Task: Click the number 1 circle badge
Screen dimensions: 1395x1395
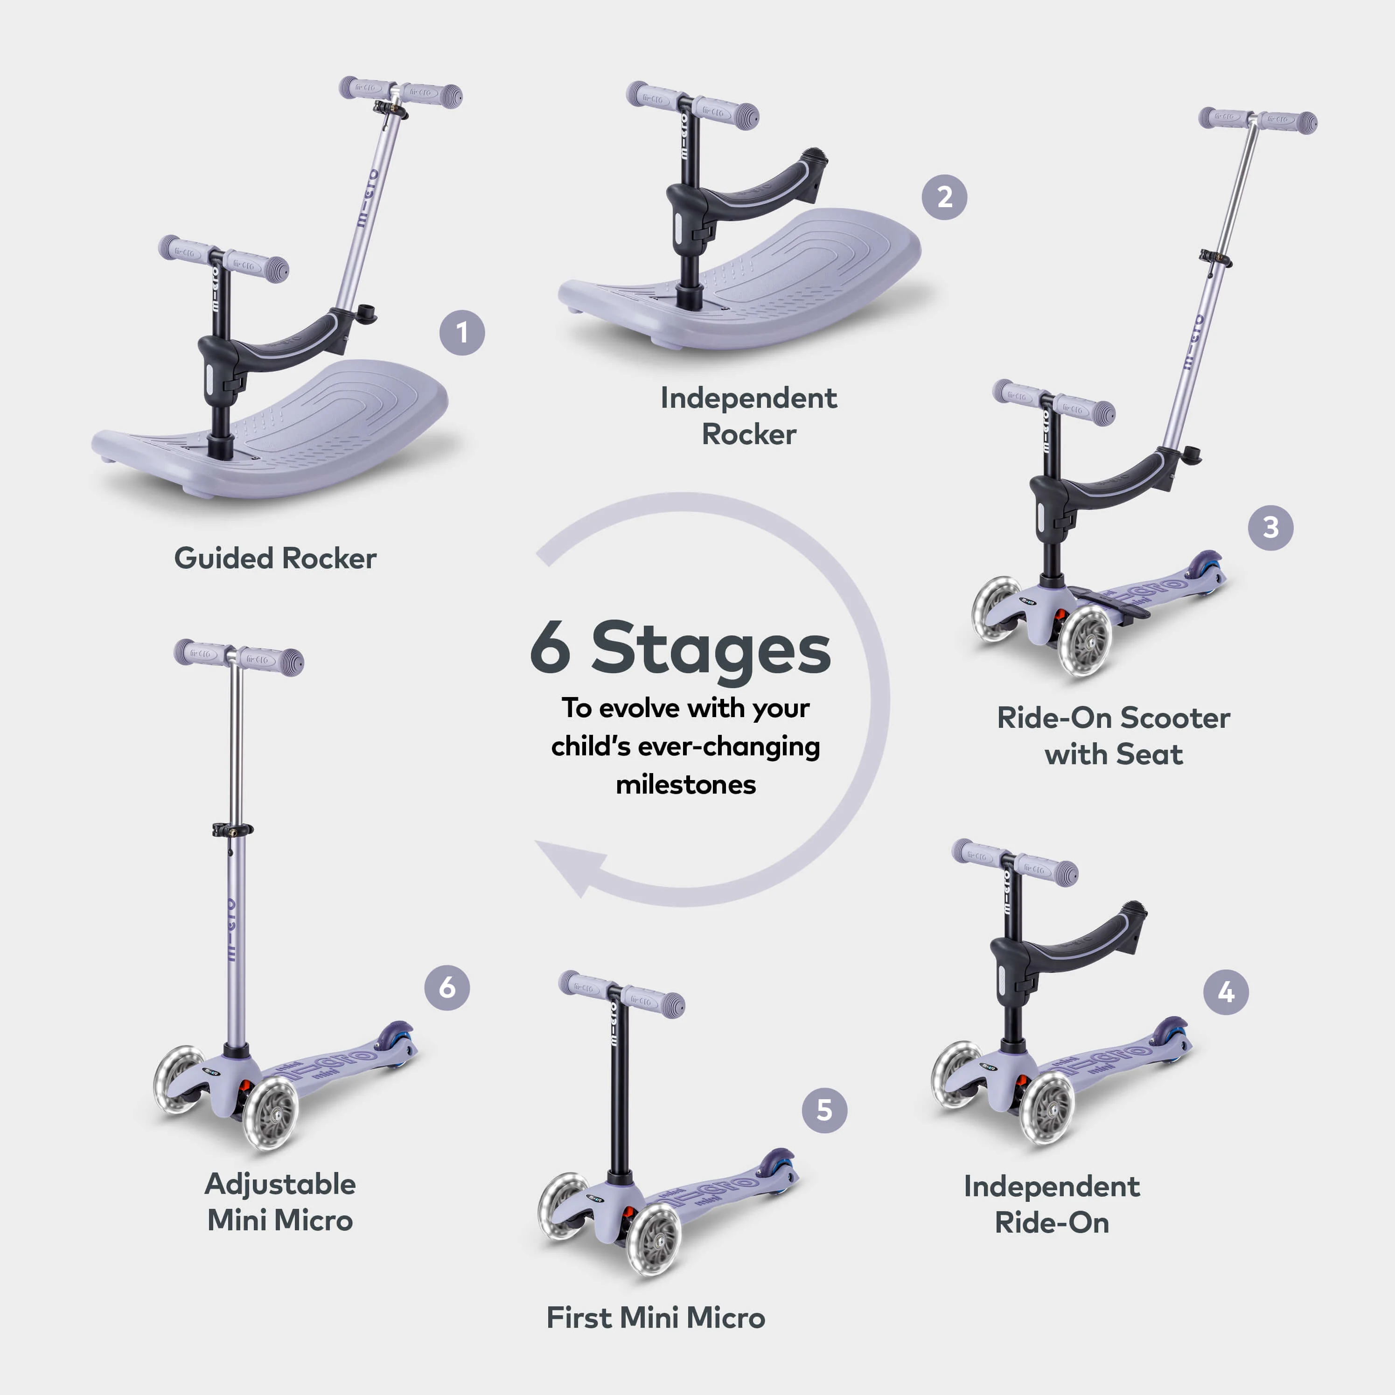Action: point(462,333)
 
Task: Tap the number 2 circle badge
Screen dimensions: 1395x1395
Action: point(944,197)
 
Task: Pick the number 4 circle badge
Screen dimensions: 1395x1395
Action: point(1225,992)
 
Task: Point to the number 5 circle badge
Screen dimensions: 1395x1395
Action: point(824,1110)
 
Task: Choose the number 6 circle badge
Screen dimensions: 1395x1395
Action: point(447,987)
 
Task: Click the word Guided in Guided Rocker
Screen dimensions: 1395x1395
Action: point(224,558)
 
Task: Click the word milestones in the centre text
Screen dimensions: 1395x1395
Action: point(685,785)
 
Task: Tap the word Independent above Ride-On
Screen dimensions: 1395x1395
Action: point(1051,1186)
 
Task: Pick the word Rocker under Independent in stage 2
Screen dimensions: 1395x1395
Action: point(749,435)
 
